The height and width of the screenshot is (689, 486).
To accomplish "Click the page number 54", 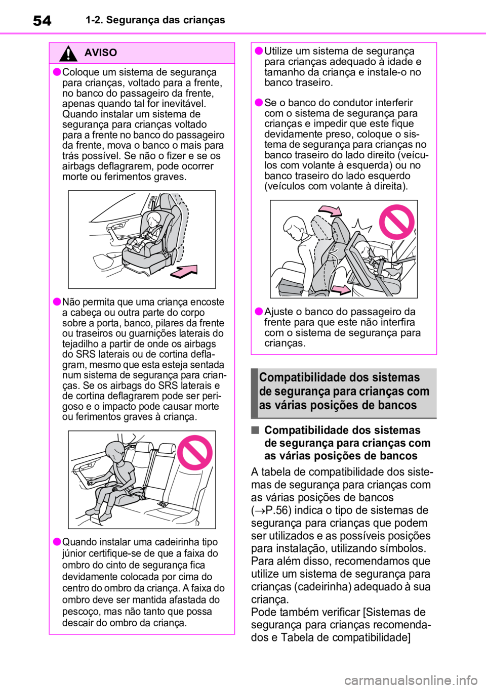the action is coord(42,21).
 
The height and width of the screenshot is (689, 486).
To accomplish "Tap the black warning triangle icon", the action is coord(68,54).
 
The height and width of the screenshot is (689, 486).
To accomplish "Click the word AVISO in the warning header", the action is coord(101,53).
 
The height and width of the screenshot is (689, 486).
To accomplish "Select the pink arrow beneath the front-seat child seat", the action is coord(184,271).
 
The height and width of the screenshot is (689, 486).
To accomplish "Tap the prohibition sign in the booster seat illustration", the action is coord(194,452).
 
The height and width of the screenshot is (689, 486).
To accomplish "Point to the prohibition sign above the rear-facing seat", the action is coord(397,222).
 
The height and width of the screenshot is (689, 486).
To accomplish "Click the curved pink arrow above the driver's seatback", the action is coord(330,211).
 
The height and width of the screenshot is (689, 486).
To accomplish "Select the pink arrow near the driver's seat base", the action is coord(342,289).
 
